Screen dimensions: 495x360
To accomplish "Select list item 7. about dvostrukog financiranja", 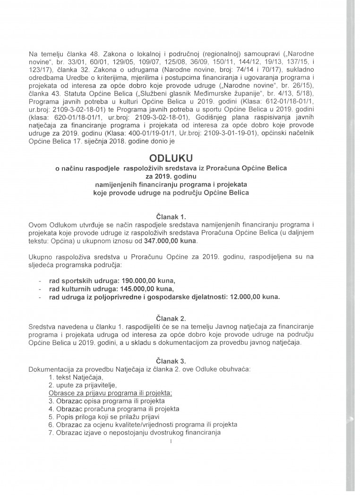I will tap(135, 433).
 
